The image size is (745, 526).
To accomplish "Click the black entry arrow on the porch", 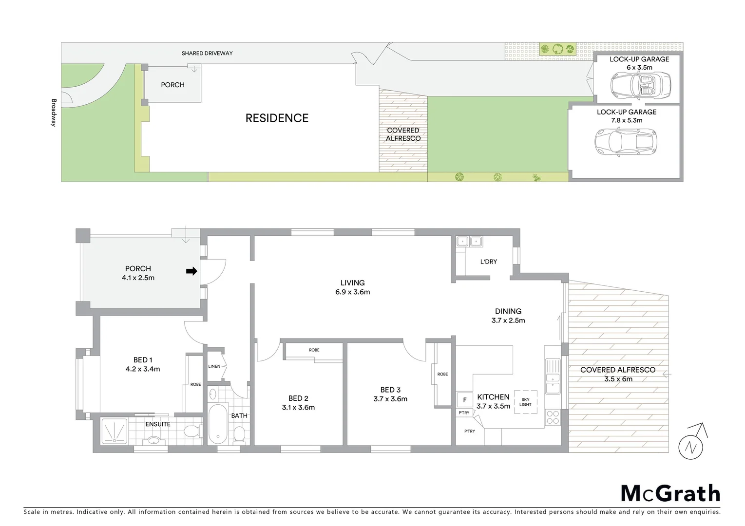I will point(191,271).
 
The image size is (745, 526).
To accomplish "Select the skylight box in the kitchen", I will point(525,402).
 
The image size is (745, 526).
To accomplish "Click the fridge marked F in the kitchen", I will point(464,400).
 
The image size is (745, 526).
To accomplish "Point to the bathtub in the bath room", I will point(218,424).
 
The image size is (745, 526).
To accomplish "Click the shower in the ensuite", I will point(115,431).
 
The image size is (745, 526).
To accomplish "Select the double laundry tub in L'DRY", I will point(469,242).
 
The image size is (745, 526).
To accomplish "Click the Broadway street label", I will point(54,113).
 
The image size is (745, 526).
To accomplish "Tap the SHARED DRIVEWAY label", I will point(207,53).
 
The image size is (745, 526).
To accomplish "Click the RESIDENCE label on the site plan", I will point(277,118).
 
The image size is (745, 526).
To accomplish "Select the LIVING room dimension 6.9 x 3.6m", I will point(352,292).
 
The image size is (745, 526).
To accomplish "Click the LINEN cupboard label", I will point(214,366).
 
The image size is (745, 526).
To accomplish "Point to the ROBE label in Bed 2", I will point(314,350).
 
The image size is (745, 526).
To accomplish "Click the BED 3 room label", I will point(390,390).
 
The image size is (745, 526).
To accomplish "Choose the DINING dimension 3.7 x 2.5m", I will point(508,320).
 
